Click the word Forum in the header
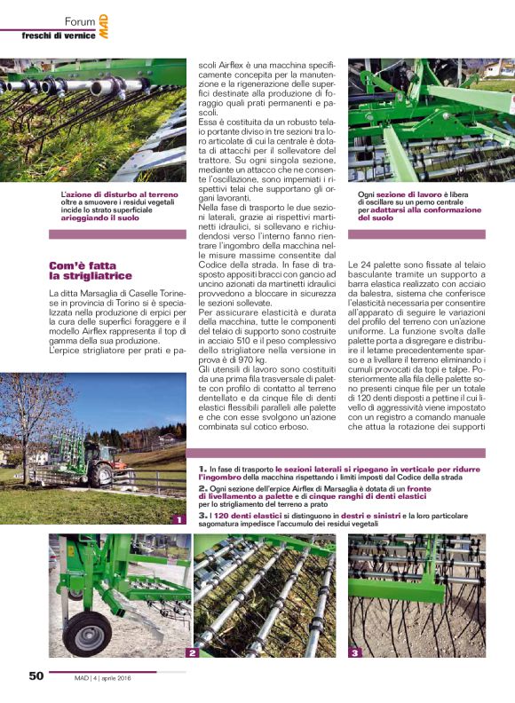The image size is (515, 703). pos(80,20)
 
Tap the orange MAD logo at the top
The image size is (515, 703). pos(104,28)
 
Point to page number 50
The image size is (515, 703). pos(36,675)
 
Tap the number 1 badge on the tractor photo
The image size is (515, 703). pos(178,519)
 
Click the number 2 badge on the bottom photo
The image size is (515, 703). pos(190,652)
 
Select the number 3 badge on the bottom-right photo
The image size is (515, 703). pos(354,652)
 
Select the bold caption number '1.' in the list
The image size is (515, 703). pos(202,467)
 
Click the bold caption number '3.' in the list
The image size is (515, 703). pos(202,515)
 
